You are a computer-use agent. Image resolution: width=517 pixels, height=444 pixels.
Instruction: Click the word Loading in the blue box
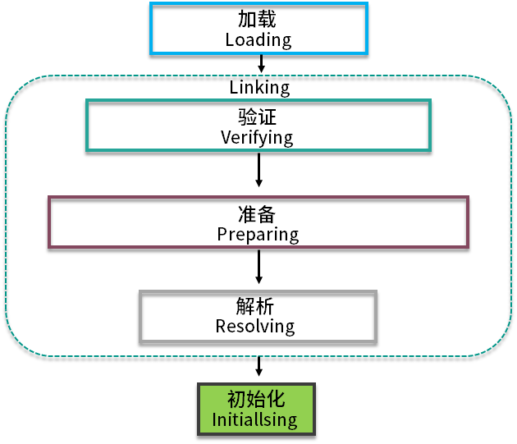(258, 39)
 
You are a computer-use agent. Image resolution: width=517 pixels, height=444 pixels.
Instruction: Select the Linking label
(258, 87)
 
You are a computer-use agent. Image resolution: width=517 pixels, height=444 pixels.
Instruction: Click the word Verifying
(257, 137)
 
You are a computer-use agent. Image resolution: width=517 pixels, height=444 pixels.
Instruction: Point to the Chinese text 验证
(257, 118)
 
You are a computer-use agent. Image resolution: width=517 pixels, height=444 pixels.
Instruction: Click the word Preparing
(258, 234)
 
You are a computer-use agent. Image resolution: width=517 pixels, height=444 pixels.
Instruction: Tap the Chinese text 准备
(258, 214)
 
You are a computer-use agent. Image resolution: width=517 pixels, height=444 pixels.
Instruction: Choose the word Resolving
(255, 326)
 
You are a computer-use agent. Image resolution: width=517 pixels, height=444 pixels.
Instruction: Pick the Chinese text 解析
(255, 306)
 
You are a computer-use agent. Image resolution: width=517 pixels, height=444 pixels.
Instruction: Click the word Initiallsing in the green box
(254, 421)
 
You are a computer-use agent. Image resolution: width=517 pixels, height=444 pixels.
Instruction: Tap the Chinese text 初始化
(255, 401)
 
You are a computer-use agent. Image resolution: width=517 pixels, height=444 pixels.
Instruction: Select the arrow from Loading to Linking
(259, 64)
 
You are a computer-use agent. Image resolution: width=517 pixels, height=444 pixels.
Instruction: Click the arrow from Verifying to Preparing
(258, 169)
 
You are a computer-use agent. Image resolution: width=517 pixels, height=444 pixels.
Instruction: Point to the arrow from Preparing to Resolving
(258, 266)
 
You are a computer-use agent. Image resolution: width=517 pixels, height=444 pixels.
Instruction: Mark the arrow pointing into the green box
(258, 366)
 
